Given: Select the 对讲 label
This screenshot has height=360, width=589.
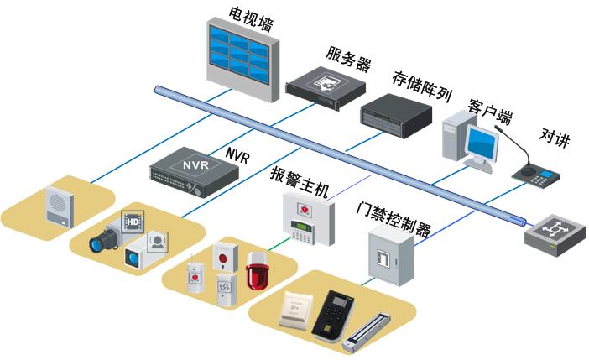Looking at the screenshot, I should click(x=554, y=137).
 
